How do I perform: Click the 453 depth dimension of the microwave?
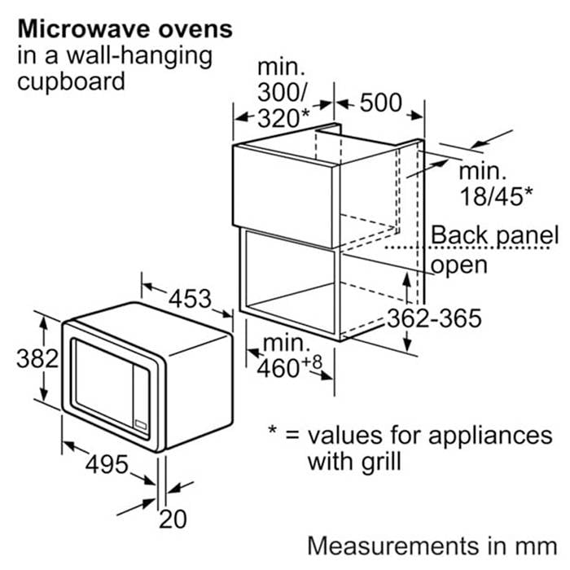click(190, 299)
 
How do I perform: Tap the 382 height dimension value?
click(37, 359)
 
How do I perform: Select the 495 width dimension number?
click(107, 464)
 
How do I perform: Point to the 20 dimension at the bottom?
click(173, 519)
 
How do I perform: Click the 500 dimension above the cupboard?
click(380, 102)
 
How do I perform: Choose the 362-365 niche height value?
click(434, 318)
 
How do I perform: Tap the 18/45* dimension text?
click(496, 196)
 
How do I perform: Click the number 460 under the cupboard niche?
click(278, 368)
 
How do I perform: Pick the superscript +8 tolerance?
click(312, 362)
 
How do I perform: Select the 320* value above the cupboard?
click(283, 118)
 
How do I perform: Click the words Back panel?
click(494, 235)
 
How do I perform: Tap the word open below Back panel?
click(459, 265)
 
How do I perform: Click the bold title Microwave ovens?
click(125, 29)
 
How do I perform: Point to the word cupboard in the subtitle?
click(72, 82)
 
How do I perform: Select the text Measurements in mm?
click(432, 546)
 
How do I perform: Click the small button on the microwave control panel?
click(141, 424)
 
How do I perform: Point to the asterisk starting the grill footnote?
click(272, 429)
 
